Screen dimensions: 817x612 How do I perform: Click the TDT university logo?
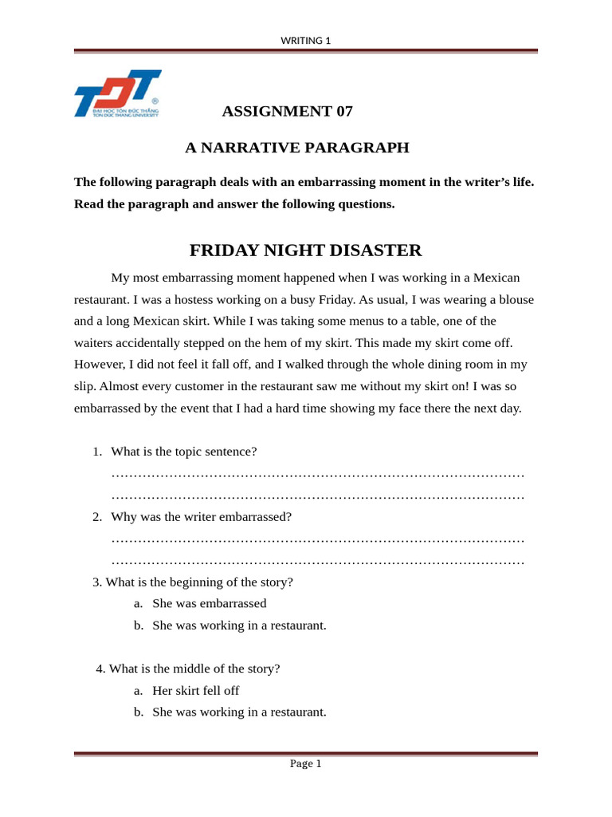(117, 94)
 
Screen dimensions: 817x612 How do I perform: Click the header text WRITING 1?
(305, 41)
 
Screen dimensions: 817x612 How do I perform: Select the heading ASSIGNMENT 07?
(287, 111)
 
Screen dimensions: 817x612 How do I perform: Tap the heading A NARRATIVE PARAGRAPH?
(296, 148)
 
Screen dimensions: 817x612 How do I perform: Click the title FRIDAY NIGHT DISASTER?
(305, 251)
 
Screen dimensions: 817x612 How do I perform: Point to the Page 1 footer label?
(305, 764)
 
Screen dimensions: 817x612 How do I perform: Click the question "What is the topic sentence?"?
(183, 452)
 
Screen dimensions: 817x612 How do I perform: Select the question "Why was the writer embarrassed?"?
(201, 517)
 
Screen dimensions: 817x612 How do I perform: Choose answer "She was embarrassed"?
(209, 604)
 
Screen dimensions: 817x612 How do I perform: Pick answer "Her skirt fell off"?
(195, 691)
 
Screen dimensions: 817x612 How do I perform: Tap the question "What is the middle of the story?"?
(194, 669)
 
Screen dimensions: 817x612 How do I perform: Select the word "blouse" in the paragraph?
(514, 300)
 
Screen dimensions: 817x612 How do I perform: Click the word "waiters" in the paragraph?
(96, 343)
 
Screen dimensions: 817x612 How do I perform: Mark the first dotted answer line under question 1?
(317, 475)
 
